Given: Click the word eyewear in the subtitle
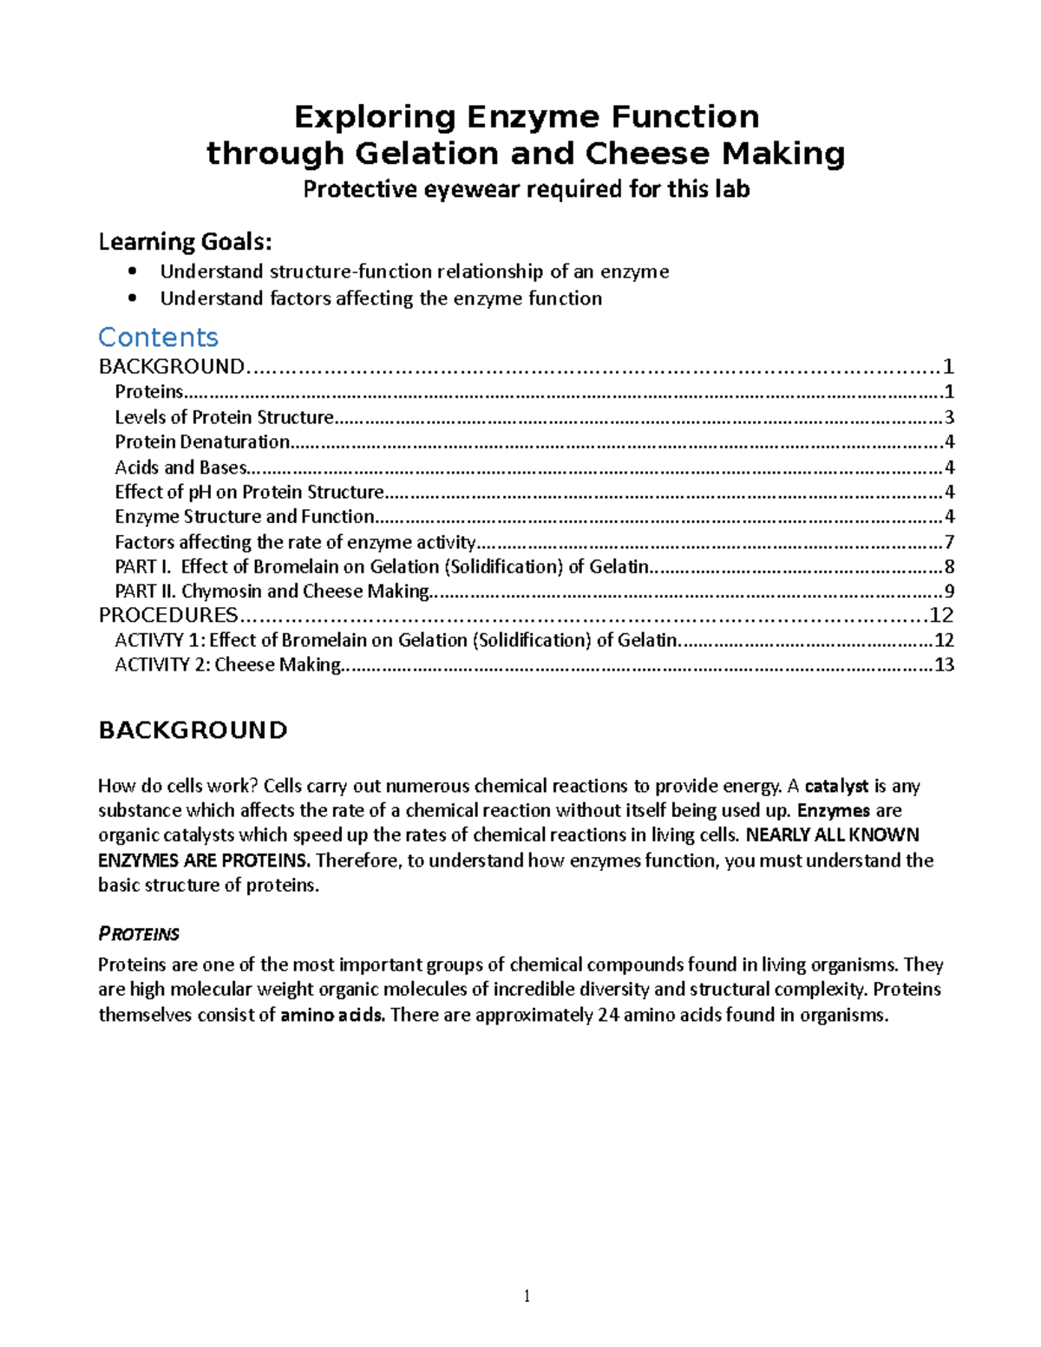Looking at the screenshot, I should coord(473,189).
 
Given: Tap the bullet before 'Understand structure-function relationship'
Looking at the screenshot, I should coord(132,271).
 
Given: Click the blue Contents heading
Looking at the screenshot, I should coord(158,337).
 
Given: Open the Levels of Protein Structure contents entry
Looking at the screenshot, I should coord(224,417).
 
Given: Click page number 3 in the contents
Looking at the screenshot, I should coord(949,417).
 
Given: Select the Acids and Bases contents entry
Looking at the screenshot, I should coord(180,468).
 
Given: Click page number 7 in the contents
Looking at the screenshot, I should coord(949,543).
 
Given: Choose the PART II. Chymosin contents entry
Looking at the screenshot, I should coord(272,592).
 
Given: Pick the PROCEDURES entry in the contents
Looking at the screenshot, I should coord(167,616).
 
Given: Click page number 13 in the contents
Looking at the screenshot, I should coord(944,665).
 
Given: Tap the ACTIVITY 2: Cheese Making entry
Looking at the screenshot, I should coord(227,665).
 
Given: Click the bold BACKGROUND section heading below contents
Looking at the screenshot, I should coord(193,730).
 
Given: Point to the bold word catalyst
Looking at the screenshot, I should coord(836,787).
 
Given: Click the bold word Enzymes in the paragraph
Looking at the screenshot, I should coord(833,811).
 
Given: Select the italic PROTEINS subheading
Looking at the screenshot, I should coord(139,934).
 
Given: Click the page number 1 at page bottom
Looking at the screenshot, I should coord(527,1297).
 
